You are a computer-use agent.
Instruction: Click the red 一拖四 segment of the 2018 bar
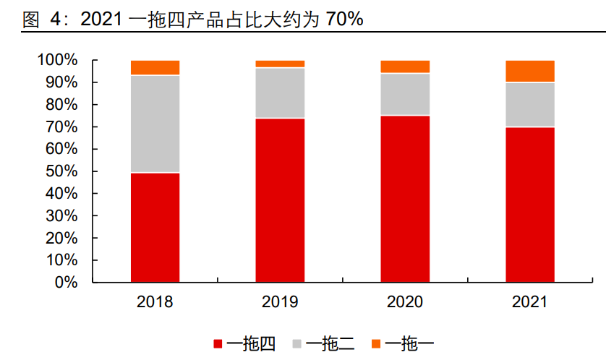155,227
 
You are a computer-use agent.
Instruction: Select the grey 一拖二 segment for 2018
155,124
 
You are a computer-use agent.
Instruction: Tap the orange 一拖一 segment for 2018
155,68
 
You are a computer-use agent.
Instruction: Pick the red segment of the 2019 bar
280,200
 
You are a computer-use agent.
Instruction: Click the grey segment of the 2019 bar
280,93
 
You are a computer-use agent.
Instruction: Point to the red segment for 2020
405,198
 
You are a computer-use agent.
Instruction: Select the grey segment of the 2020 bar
405,94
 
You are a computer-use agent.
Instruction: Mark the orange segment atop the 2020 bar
405,67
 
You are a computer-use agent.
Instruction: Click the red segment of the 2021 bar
530,204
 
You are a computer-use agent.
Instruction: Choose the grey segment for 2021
530,104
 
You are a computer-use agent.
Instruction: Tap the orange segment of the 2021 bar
530,71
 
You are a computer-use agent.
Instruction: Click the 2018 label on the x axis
155,302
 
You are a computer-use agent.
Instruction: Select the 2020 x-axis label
405,302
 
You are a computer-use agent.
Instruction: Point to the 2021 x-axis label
530,302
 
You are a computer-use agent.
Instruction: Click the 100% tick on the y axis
57,60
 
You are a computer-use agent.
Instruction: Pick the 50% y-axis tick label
61,171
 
